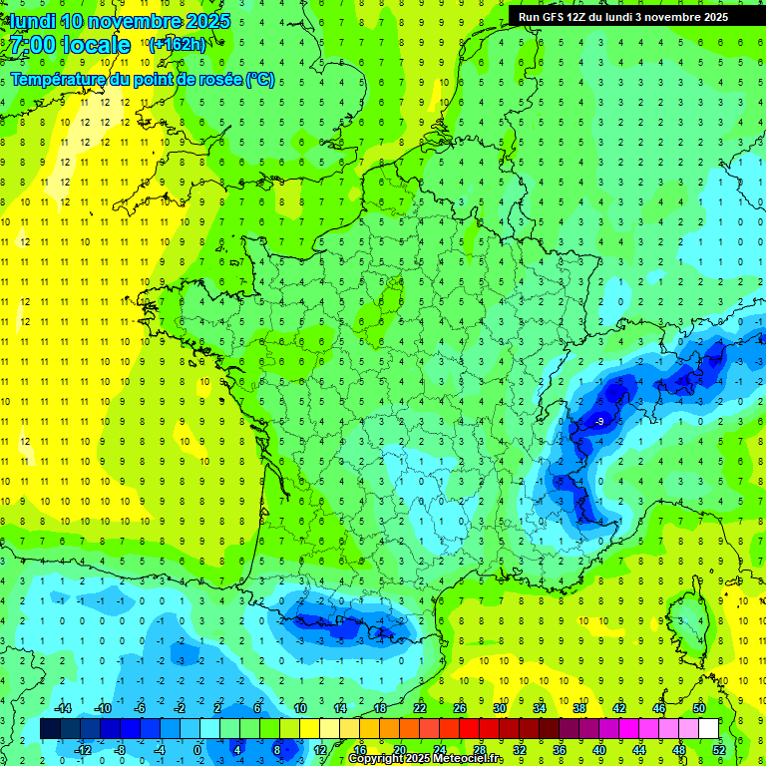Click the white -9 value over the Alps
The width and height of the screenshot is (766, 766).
[x=598, y=422]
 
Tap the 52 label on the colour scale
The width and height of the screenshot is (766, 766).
[x=718, y=749]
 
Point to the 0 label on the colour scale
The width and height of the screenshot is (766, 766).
[x=197, y=749]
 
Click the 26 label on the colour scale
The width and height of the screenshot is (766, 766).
[x=459, y=707]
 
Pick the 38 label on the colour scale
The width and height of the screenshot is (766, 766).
[x=579, y=707]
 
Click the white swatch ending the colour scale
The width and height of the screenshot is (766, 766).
[x=708, y=729]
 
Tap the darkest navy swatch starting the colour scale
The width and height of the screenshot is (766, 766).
[x=50, y=729]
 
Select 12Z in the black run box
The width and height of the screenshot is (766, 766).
[x=580, y=16]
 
